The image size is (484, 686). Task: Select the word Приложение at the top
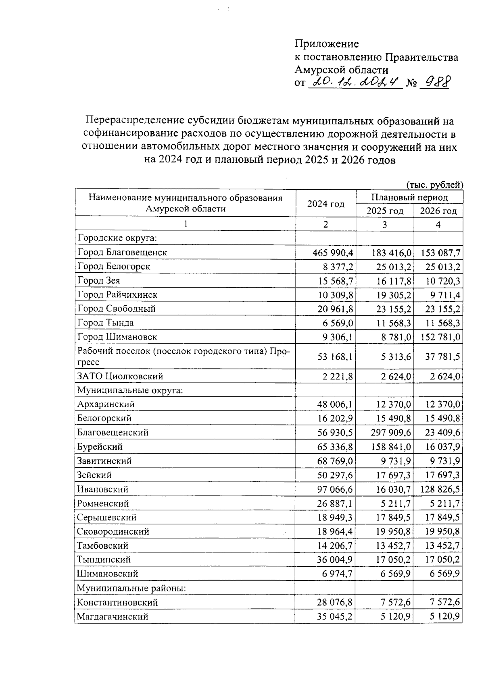[327, 44]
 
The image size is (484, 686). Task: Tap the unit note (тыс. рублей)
[434, 185]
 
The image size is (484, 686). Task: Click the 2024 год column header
[326, 204]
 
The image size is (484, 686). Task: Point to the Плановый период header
[409, 197]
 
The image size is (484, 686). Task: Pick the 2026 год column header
[438, 211]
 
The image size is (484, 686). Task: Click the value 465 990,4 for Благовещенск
[333, 253]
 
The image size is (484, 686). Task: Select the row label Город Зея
[99, 280]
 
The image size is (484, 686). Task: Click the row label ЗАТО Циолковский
[120, 376]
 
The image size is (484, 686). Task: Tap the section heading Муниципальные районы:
[131, 588]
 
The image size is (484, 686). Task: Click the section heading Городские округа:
[117, 238]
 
